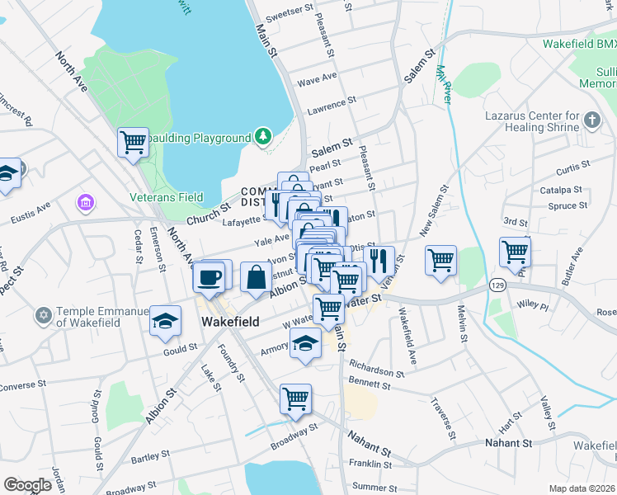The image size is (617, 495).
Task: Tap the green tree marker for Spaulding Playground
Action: [263, 136]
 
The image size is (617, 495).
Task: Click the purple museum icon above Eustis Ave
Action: [83, 202]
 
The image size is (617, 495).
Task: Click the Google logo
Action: [27, 484]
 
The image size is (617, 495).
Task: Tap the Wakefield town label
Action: [231, 322]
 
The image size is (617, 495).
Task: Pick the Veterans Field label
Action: [167, 197]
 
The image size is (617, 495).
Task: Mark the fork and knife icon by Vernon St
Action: [379, 261]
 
